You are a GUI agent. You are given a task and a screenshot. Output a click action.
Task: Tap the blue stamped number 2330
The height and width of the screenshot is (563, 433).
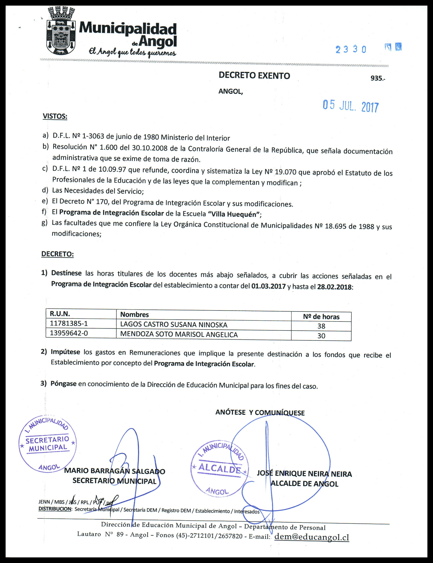[x=351, y=49]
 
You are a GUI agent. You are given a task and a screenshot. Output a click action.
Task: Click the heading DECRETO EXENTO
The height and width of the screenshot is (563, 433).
[x=254, y=76]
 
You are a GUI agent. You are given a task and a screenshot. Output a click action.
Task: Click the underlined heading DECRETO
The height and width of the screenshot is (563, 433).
[x=57, y=254]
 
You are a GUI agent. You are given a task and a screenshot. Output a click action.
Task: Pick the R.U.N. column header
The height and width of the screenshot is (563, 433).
[x=60, y=314]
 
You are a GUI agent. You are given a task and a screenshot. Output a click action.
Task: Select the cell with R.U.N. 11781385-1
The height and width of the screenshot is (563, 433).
[x=69, y=323]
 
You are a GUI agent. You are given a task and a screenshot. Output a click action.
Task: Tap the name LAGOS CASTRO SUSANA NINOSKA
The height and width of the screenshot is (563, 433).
[x=174, y=325]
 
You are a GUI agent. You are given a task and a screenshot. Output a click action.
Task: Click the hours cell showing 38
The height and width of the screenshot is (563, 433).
[x=321, y=326]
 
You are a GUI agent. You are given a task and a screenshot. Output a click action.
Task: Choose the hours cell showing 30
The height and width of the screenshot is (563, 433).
[x=321, y=336]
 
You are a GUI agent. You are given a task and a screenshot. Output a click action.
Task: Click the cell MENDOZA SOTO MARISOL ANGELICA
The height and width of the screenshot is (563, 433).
[x=179, y=334]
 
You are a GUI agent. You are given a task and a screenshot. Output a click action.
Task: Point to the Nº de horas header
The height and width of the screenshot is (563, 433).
[x=321, y=317]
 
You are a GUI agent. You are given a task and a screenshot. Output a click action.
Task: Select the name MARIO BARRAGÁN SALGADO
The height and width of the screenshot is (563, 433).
[x=114, y=471]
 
